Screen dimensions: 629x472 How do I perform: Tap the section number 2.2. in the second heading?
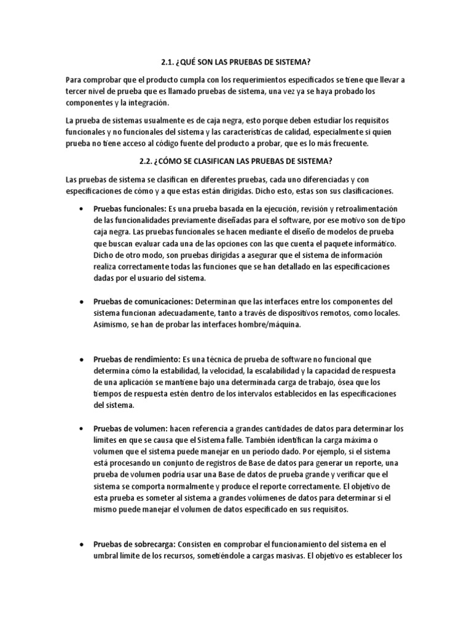pyautogui.click(x=149, y=162)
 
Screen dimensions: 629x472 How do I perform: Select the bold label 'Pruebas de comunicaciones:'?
pyautogui.click(x=143, y=302)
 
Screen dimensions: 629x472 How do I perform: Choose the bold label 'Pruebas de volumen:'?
pyautogui.click(x=128, y=428)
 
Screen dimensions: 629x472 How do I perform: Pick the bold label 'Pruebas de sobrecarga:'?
pyautogui.click(x=135, y=544)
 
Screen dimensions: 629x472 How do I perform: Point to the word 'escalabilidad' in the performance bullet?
pyautogui.click(x=292, y=370)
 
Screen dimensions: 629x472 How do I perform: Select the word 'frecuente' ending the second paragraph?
pyautogui.click(x=348, y=143)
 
